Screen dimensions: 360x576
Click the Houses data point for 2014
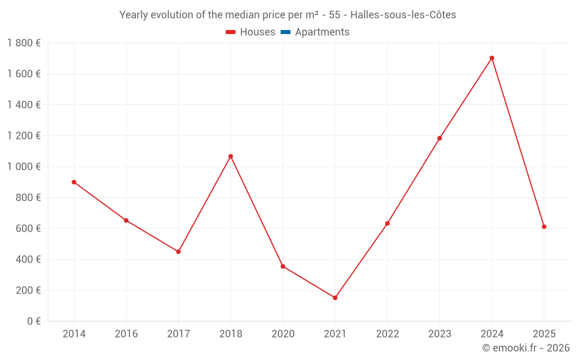74,182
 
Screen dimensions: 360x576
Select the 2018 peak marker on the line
230,156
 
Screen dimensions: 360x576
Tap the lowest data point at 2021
335,298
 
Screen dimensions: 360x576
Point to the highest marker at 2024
492,58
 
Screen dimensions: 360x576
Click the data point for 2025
544,227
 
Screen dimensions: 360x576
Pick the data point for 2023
439,138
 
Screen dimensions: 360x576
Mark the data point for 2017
179,252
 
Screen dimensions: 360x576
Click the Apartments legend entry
322,32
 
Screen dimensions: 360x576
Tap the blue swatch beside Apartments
286,32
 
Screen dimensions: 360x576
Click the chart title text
287,15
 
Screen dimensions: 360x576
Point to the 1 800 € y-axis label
24,43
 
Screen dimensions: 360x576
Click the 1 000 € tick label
24,166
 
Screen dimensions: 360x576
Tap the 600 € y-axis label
27,229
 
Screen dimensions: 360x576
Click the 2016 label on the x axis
126,334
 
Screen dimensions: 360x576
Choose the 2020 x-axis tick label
283,334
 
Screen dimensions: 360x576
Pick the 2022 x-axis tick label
387,334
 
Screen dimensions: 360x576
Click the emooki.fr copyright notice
526,348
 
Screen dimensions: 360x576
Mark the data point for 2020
283,266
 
